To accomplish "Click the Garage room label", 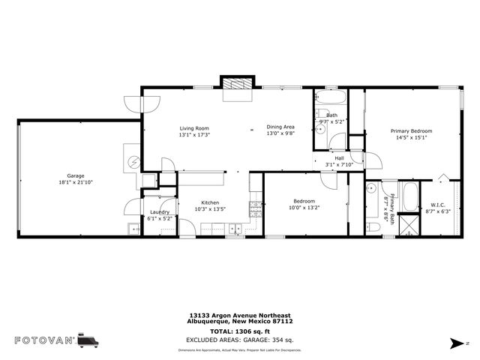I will click(x=76, y=175).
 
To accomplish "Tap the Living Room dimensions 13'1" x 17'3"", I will click(x=193, y=135).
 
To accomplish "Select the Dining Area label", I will click(x=280, y=127).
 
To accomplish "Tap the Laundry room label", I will click(x=159, y=212).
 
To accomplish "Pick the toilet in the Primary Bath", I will click(x=372, y=225).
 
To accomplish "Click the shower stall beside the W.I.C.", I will click(x=409, y=224).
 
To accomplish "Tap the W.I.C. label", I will click(x=437, y=205).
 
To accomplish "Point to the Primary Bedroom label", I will click(x=410, y=130).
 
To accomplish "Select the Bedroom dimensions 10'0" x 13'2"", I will click(x=304, y=208).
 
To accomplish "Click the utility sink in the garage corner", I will click(x=132, y=228).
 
